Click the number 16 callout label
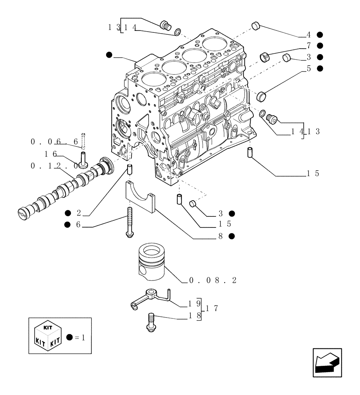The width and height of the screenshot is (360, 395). point(51,153)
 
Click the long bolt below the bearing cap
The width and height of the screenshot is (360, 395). point(129,223)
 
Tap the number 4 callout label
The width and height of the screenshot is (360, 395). point(309,34)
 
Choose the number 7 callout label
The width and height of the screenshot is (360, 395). point(309,45)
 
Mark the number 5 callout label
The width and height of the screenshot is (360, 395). point(309,68)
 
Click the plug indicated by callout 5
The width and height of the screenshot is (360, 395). point(261,96)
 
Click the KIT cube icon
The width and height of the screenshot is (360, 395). point(47,336)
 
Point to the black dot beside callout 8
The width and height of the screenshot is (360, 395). point(232,236)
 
